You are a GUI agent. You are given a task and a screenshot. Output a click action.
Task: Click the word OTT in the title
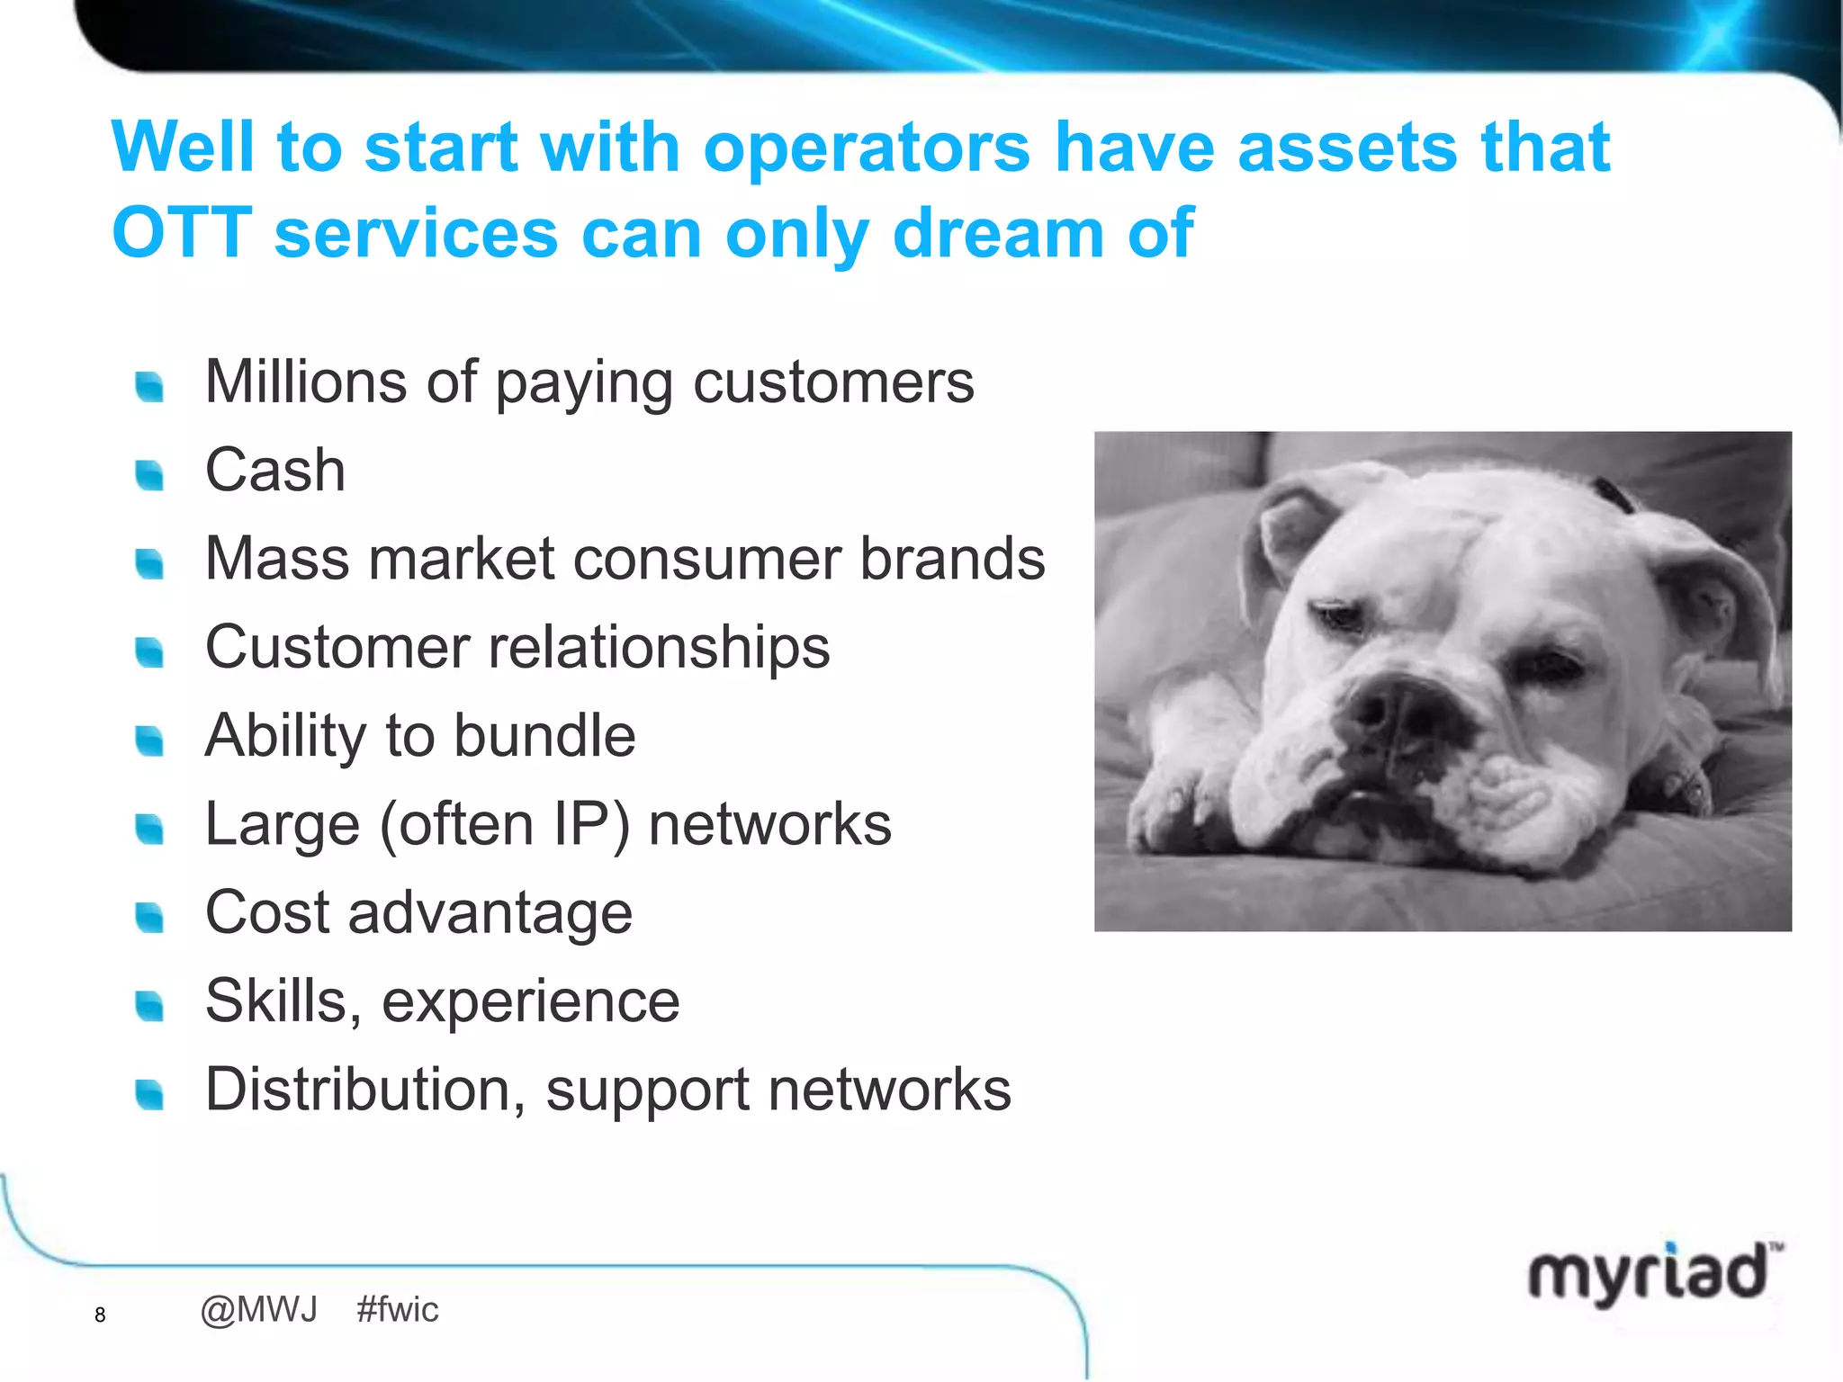click(x=182, y=233)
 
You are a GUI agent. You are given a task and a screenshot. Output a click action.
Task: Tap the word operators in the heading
click(x=866, y=148)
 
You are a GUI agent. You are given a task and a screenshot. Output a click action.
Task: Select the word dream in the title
click(x=998, y=233)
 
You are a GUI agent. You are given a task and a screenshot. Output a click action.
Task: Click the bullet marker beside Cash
click(x=149, y=474)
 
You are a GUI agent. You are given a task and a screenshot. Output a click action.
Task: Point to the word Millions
click(x=305, y=381)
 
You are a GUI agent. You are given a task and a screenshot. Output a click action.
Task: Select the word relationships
click(x=659, y=648)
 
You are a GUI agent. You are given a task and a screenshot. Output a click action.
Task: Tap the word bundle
click(x=544, y=736)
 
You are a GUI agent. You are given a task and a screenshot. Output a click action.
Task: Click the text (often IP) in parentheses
click(x=505, y=825)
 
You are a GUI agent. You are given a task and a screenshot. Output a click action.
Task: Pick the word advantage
click(x=490, y=913)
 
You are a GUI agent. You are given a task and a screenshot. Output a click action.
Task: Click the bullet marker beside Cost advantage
click(x=149, y=917)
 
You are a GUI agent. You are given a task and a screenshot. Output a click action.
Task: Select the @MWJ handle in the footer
click(x=259, y=1310)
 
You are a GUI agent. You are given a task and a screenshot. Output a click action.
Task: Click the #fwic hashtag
click(x=397, y=1310)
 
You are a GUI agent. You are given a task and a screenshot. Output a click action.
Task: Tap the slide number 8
click(x=100, y=1315)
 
